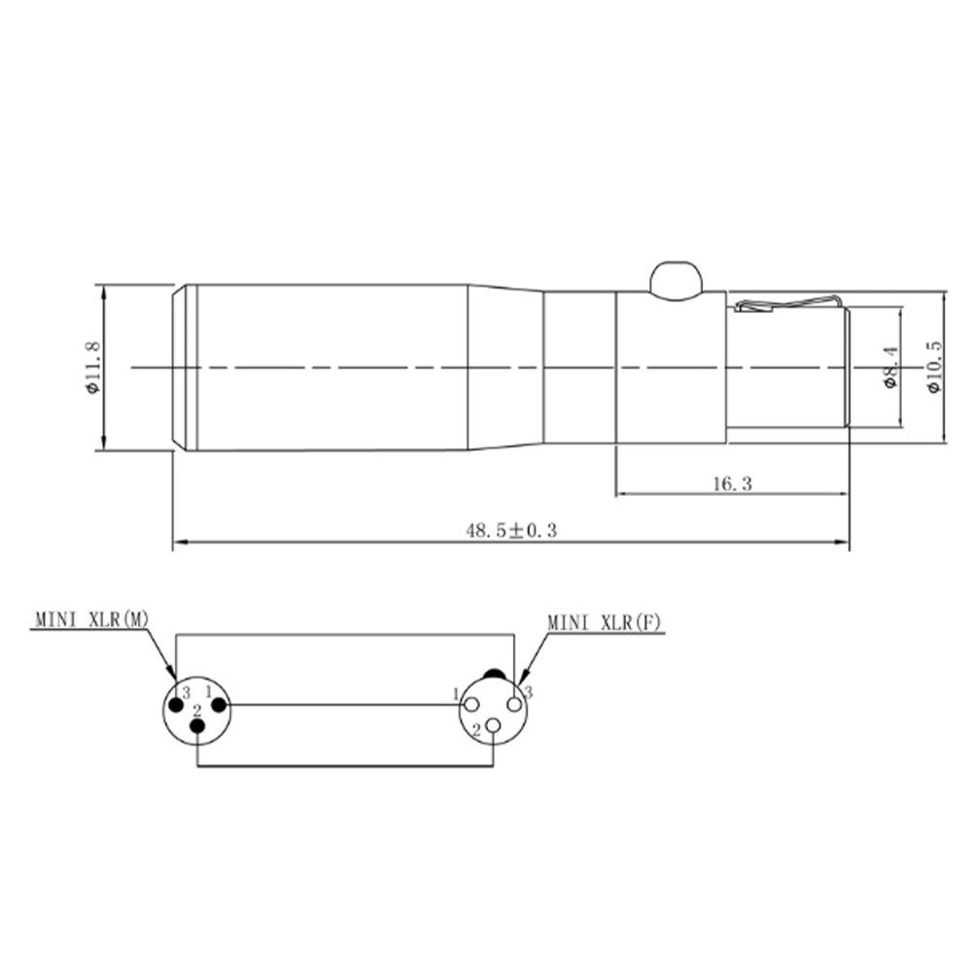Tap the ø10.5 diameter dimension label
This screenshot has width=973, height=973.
coord(934,367)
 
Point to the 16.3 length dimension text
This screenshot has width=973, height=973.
coord(732,483)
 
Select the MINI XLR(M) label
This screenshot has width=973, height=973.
coord(92,617)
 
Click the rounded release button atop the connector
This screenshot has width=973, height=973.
coord(676,278)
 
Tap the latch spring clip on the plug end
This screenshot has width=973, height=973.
coord(787,304)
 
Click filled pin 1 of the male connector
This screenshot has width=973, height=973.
coord(219,704)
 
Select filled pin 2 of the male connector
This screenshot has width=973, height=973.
coord(197,728)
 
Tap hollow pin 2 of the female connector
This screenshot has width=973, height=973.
coord(494,726)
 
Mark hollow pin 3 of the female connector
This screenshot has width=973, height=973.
coord(514,704)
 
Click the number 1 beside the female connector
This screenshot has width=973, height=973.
coord(455,694)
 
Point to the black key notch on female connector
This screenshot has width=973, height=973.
coord(494,674)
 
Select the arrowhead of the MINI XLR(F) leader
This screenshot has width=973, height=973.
coord(524,678)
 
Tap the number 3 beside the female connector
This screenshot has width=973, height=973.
coord(529,692)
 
